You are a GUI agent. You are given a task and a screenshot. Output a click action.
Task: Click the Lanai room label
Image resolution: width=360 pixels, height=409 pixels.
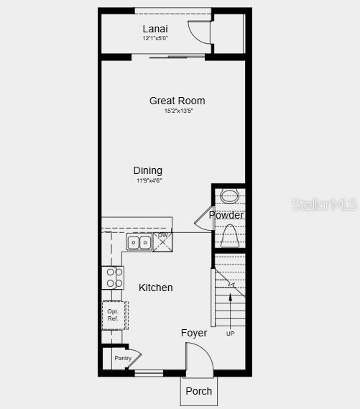click(x=155, y=29)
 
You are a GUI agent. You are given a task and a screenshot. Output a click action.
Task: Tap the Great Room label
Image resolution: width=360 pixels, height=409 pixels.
click(x=177, y=101)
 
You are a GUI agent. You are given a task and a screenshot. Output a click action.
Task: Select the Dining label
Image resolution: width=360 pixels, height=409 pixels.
click(x=148, y=170)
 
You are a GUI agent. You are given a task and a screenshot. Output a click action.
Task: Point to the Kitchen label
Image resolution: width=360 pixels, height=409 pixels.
click(x=156, y=288)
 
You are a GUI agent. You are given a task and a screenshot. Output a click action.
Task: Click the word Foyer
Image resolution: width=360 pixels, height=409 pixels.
click(x=194, y=333)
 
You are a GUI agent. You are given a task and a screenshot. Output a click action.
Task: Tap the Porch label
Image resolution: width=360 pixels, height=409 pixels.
click(x=199, y=391)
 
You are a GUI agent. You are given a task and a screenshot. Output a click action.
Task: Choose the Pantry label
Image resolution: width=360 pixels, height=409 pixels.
click(x=123, y=358)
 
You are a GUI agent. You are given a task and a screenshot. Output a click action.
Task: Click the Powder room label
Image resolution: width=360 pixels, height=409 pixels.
click(x=226, y=215)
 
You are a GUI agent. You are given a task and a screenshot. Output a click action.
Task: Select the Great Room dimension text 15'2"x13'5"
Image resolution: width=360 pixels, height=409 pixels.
click(x=179, y=111)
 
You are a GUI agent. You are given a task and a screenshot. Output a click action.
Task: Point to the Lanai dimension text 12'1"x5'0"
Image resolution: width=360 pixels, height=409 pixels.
click(x=155, y=38)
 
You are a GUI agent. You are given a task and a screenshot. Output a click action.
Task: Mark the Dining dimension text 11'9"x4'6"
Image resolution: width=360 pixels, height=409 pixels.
click(x=149, y=180)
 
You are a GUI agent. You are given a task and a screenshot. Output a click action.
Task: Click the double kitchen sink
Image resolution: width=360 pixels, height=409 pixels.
click(x=139, y=242)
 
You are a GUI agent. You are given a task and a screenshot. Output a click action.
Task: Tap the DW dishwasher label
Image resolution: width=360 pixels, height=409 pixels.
click(x=162, y=235)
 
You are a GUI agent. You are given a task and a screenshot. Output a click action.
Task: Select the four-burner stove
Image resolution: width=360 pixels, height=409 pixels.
click(x=114, y=277)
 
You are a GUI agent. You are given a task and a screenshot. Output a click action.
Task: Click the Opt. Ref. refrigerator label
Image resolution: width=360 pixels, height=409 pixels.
click(x=113, y=315)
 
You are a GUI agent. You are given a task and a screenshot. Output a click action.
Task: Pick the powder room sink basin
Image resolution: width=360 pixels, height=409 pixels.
click(x=229, y=196)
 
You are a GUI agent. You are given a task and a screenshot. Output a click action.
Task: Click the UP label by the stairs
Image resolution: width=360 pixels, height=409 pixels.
click(x=230, y=334)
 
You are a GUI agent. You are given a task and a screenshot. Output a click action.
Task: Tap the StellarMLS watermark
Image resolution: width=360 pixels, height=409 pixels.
click(x=325, y=205)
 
